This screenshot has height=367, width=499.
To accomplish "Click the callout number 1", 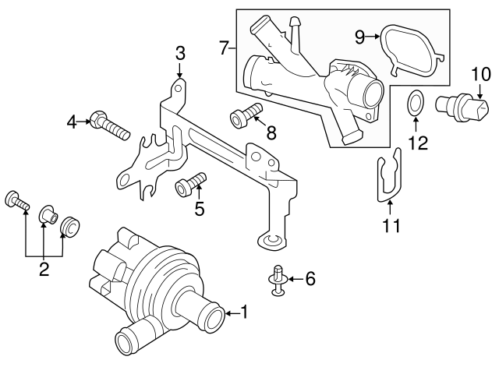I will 244,313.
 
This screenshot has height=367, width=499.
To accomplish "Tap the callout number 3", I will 179,54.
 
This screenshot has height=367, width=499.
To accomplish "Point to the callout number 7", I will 225,48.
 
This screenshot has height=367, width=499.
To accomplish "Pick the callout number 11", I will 391,227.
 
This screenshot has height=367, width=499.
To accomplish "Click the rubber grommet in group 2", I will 71,226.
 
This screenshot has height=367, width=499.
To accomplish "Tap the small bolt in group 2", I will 17,200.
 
